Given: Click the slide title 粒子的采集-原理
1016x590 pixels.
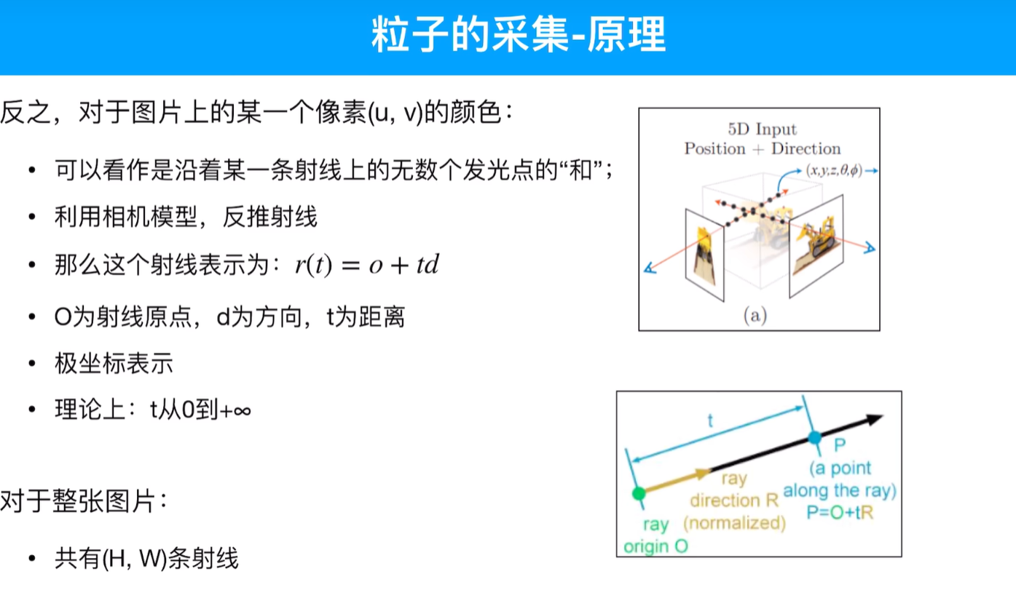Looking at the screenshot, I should (519, 35).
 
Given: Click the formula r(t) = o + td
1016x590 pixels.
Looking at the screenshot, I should (366, 265).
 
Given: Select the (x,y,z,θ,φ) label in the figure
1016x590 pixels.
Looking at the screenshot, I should (833, 170).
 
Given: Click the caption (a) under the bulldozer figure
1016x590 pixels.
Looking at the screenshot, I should (755, 316).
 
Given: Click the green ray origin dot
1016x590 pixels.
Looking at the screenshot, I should (639, 494).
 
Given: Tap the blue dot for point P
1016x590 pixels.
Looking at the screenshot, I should (815, 438).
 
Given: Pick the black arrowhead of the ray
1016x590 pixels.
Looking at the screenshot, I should (873, 419).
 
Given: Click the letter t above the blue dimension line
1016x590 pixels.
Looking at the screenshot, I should (711, 420).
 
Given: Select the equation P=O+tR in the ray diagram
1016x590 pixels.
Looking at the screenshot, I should (839, 512).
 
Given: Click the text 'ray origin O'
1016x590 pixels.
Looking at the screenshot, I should (655, 535).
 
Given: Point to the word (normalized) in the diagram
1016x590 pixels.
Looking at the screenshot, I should (735, 522).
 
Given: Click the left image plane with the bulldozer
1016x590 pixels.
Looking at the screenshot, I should (704, 255).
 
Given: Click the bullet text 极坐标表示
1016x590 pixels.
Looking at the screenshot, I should (114, 363).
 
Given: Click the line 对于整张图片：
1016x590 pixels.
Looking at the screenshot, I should (84, 501).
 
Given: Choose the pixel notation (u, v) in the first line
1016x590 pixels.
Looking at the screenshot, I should (397, 114).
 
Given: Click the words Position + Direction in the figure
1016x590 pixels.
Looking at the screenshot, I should (762, 149).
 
